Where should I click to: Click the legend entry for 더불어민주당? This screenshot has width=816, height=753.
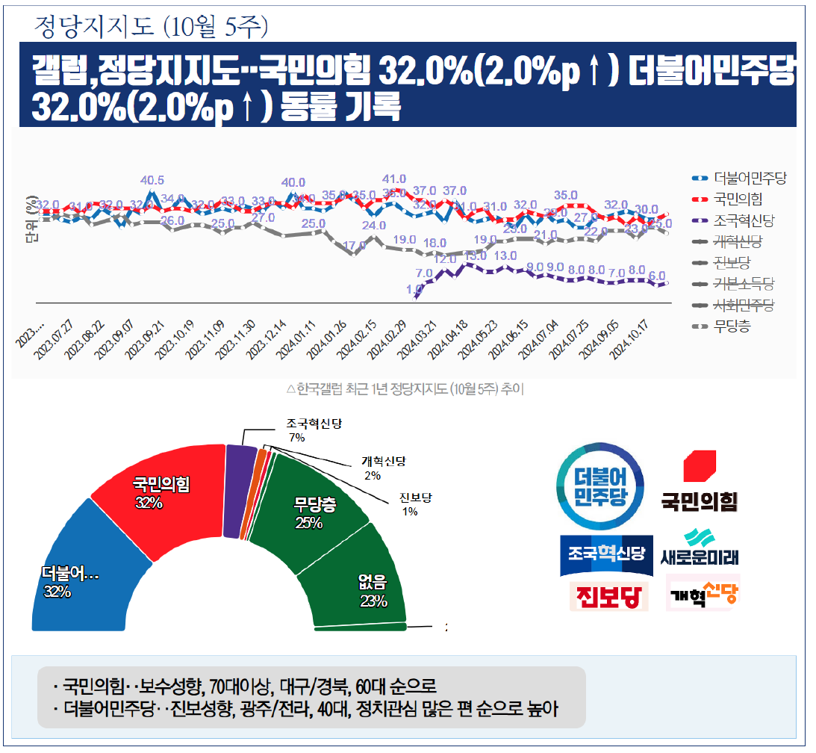coord(749,179)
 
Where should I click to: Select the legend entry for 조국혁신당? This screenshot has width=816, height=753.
coord(743,220)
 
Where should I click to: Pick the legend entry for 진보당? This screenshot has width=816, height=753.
coord(732,263)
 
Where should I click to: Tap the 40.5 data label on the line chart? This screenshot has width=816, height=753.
coord(152,180)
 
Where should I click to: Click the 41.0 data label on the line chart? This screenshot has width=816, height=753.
coord(393,179)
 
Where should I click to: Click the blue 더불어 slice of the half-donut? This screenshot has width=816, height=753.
coord(75,575)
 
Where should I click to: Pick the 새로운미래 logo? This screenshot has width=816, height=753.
coord(700,547)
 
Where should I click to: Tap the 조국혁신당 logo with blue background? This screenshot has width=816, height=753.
coord(605,554)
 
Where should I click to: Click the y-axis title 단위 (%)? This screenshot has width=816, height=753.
coord(31,220)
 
